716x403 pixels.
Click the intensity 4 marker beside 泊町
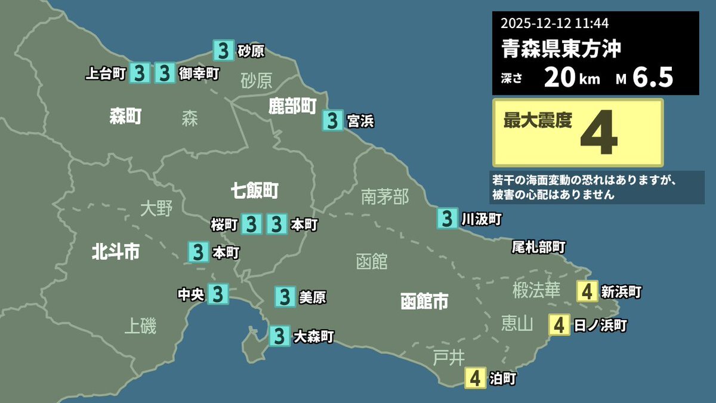tap(475, 378)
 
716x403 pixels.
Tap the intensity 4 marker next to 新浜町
tap(588, 291)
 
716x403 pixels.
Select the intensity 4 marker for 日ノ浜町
tap(559, 325)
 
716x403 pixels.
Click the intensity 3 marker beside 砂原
tap(223, 51)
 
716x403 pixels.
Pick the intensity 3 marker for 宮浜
tap(332, 121)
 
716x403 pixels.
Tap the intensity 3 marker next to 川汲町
tap(447, 219)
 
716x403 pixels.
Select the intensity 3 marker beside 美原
tap(285, 296)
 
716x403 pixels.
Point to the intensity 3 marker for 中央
tap(218, 294)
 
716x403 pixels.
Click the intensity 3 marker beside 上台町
tap(140, 73)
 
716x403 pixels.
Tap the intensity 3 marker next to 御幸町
tap(165, 73)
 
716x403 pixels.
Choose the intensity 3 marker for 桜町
tap(251, 224)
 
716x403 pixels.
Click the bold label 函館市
tap(424, 301)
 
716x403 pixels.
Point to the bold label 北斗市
tap(116, 252)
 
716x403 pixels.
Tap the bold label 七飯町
tap(255, 191)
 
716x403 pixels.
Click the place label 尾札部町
tap(539, 247)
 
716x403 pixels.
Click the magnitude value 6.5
tap(653, 78)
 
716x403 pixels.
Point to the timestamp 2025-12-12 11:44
tap(554, 24)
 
